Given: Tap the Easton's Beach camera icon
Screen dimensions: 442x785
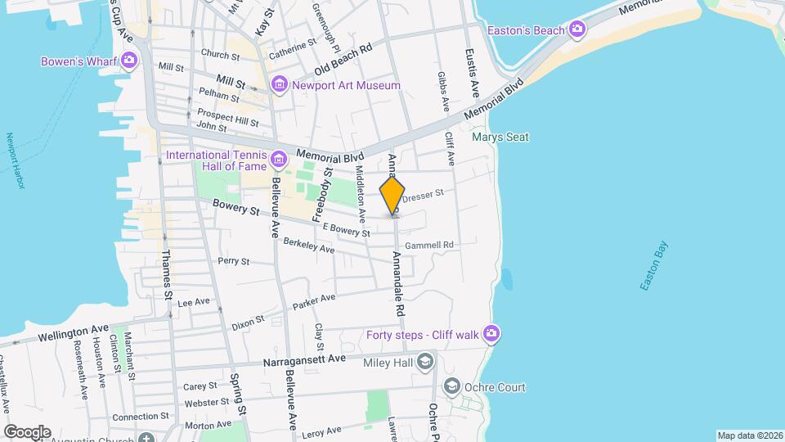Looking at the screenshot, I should click(x=577, y=30).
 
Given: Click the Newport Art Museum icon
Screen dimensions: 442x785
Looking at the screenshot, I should click(x=280, y=84).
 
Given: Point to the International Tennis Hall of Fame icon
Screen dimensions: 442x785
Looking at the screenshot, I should click(x=279, y=156).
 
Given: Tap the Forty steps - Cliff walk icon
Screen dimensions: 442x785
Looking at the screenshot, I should click(x=491, y=332).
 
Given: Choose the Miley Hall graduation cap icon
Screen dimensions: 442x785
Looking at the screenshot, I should click(x=424, y=361).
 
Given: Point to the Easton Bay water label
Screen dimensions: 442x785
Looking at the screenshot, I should click(x=654, y=265).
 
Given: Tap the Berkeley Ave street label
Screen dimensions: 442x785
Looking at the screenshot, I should click(x=309, y=245).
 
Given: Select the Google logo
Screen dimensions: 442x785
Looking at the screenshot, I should click(x=26, y=431).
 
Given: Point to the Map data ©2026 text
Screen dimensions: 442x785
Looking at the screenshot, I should click(x=748, y=435).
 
